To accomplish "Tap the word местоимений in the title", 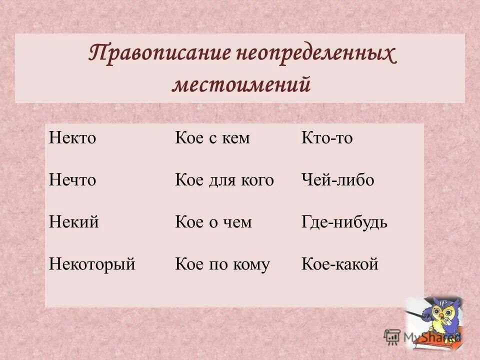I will pyautogui.click(x=241, y=83).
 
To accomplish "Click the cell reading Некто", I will pyautogui.click(x=72, y=138).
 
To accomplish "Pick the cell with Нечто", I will pyautogui.click(x=72, y=180).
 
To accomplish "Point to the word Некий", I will pyautogui.click(x=74, y=222).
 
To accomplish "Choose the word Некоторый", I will pyautogui.click(x=92, y=264).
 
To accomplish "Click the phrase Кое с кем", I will pyautogui.click(x=212, y=138).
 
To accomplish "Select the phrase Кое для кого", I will pyautogui.click(x=224, y=180).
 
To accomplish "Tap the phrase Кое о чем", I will pyautogui.click(x=213, y=222).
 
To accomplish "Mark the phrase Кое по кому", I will pyautogui.click(x=222, y=264).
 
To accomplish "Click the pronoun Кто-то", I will pyautogui.click(x=327, y=138).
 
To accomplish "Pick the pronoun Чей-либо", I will pyautogui.click(x=338, y=180).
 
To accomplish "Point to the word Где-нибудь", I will pyautogui.click(x=344, y=222).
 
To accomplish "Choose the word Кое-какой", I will pyautogui.click(x=340, y=264).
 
